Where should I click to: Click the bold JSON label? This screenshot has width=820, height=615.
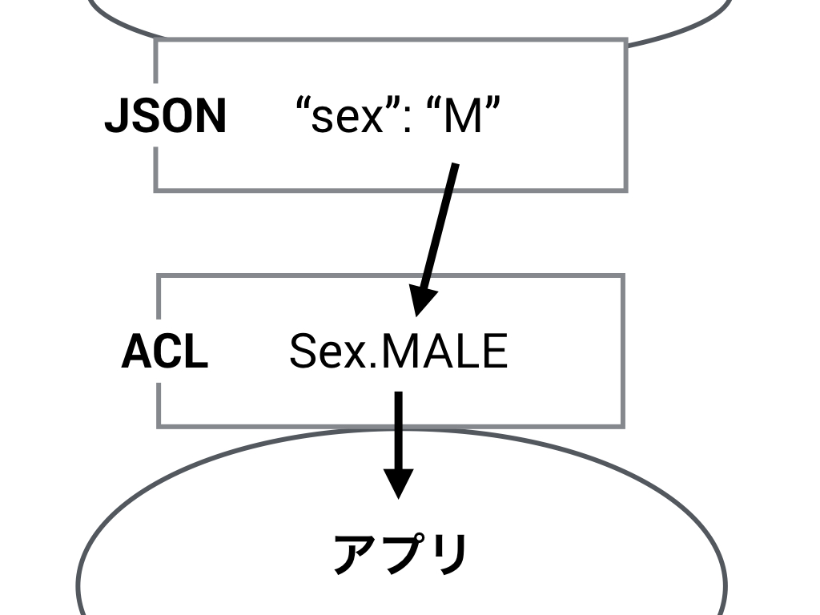pos(166,116)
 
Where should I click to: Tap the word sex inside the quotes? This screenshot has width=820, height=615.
pos(348,118)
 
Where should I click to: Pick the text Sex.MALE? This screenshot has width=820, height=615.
pos(398,351)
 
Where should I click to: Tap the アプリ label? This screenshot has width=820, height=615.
pos(400,553)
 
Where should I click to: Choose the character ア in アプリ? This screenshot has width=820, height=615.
pos(355,553)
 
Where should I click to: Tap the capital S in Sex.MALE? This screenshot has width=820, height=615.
pos(303,351)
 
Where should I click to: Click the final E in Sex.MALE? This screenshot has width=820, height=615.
pos(495,351)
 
